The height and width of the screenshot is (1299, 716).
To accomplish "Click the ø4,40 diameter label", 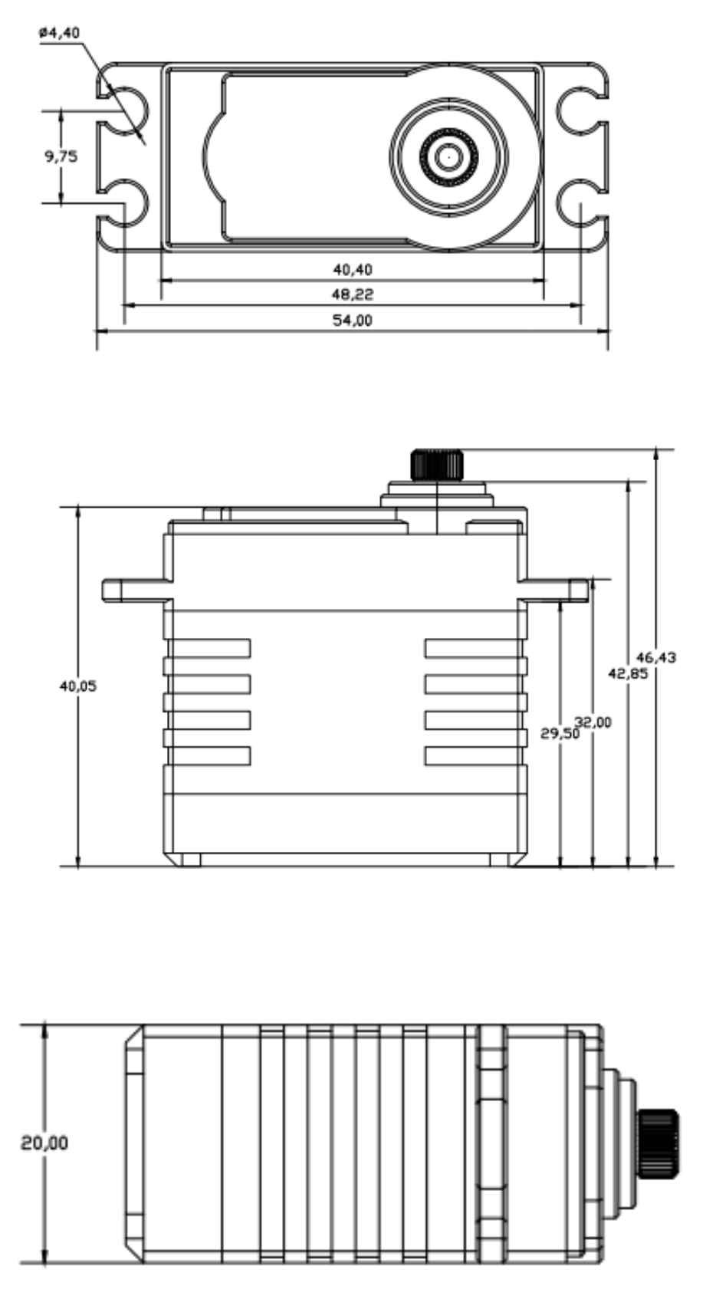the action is pos(59,32).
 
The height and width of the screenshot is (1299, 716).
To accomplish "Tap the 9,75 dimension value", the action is pos(61,156).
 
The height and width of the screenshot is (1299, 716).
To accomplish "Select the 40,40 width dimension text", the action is pos(353,270).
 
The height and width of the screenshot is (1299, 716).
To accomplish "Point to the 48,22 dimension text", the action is pos(353,294).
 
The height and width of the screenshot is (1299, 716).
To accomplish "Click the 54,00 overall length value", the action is pos(353,320).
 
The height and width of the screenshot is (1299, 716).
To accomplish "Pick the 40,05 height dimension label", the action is pos(78,686).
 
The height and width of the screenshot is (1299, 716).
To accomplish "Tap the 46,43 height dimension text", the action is pos(656,658).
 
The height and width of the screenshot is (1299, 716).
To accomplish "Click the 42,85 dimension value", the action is pos(628,674).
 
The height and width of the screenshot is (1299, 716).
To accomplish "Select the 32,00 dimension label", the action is pos(593,722).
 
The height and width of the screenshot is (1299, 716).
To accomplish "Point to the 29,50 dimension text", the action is pos(560,734).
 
